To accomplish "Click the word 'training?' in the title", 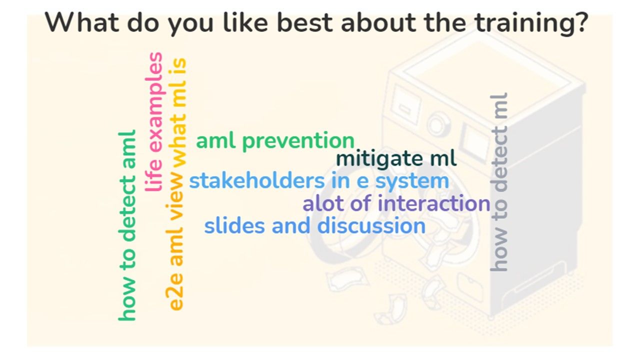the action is [x=531, y=23].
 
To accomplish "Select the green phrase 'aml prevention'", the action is [x=275, y=141].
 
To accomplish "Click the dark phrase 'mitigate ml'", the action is [x=396, y=159].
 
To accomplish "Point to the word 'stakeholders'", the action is [x=257, y=181].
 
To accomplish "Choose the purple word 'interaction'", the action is [x=434, y=203].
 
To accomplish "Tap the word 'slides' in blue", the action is [x=234, y=225].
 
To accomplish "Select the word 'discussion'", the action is [x=371, y=225].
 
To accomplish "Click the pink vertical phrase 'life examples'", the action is [x=154, y=121].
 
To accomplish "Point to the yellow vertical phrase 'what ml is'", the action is [x=177, y=112].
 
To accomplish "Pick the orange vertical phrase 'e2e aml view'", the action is [x=174, y=242].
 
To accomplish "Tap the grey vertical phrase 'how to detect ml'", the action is [x=499, y=182].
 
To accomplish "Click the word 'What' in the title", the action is [x=81, y=22].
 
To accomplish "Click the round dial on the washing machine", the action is [x=436, y=125].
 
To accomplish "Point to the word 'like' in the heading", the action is [x=245, y=22].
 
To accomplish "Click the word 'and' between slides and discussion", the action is [x=291, y=225].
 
